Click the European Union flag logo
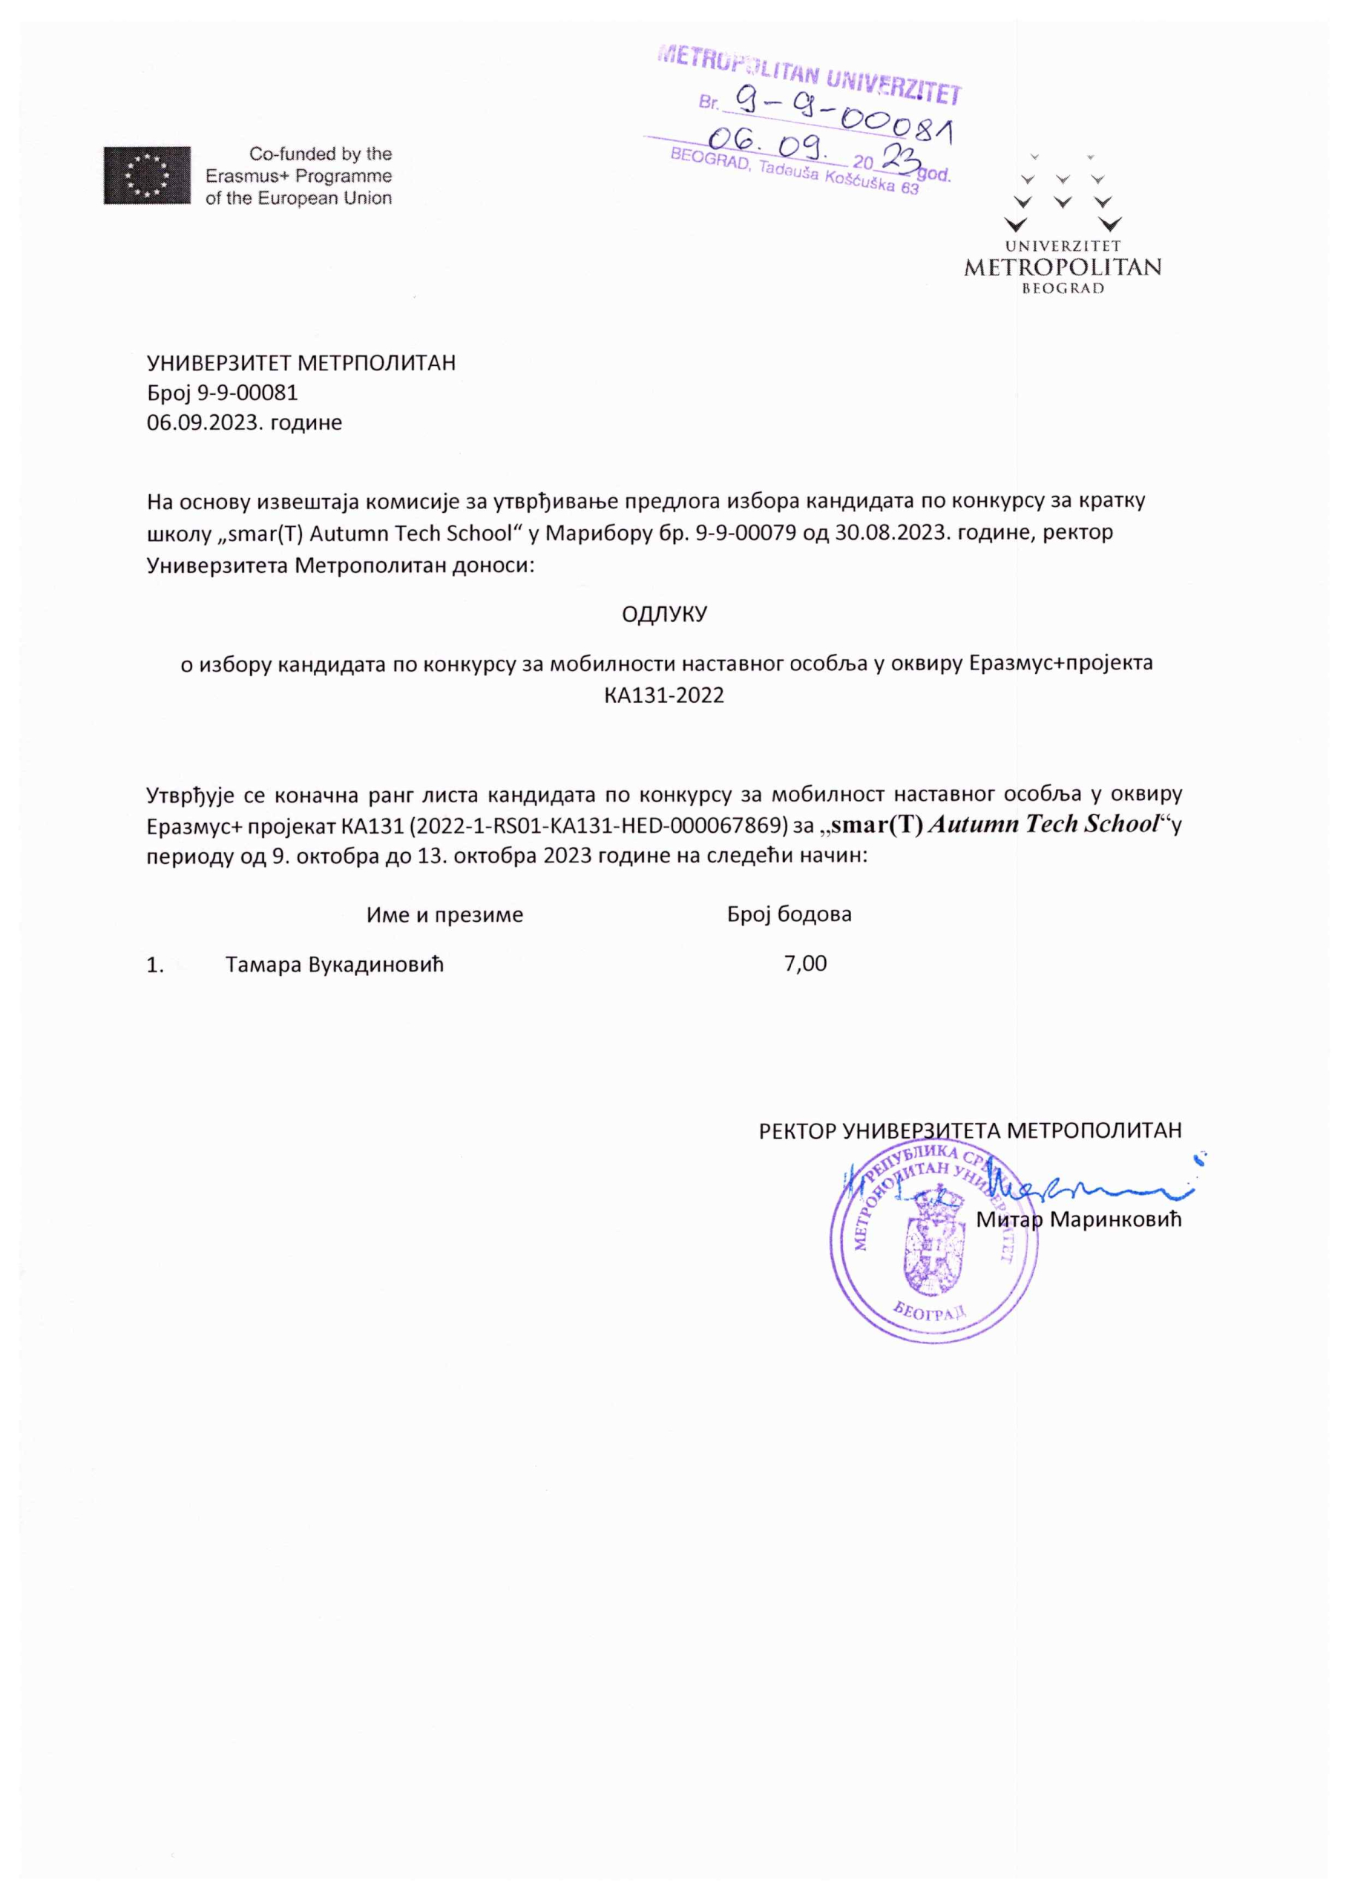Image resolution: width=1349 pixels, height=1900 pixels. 146,175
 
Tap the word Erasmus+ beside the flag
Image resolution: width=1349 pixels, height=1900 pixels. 246,176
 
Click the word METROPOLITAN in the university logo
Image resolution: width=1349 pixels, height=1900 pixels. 1062,267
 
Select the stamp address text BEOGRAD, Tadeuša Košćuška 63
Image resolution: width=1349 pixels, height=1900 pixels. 794,173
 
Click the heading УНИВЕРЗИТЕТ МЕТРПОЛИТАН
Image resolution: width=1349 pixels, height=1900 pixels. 301,363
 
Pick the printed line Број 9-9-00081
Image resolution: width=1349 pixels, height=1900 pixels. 222,392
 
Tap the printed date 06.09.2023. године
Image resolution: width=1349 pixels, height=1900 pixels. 244,422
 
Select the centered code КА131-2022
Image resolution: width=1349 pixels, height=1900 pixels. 665,695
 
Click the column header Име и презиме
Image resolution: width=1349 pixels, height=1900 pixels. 444,914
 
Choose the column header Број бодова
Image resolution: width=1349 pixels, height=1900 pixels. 789,914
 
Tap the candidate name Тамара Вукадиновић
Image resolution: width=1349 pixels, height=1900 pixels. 335,965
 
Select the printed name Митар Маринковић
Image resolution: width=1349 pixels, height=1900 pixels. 1078,1219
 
